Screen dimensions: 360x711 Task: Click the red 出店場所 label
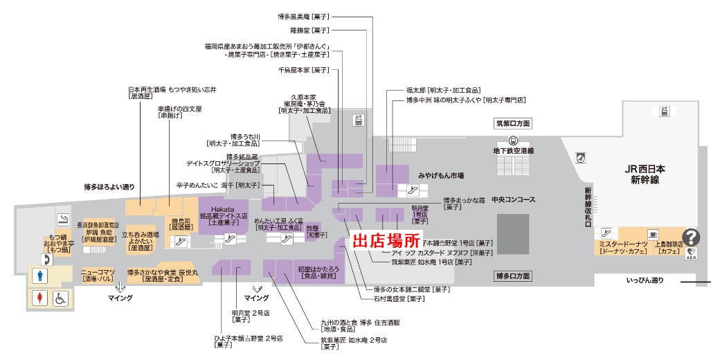click(387, 241)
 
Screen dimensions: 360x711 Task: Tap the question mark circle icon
click(691, 237)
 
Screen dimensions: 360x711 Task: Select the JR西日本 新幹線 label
click(645, 174)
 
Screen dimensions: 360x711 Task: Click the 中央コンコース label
click(513, 200)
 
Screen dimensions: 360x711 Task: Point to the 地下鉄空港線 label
click(513, 150)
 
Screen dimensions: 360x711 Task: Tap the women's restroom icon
click(41, 298)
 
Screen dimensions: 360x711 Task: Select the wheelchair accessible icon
click(61, 298)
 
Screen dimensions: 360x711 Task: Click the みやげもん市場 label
click(441, 176)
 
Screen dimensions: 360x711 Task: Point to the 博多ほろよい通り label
click(109, 187)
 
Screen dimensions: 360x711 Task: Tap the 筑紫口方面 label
click(512, 124)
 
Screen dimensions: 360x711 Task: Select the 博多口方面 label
click(513, 276)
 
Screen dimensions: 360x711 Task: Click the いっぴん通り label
click(645, 280)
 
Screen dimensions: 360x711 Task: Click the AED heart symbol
click(691, 253)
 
